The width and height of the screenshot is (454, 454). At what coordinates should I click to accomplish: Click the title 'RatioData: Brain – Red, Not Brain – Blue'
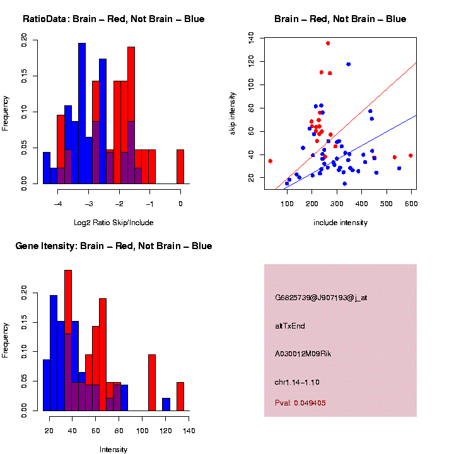click(x=113, y=19)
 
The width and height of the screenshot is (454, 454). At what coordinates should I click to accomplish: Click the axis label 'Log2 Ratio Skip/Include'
click(x=113, y=223)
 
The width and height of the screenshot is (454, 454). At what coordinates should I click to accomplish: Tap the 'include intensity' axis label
click(x=340, y=223)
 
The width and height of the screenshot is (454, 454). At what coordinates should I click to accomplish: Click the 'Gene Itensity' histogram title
click(x=113, y=245)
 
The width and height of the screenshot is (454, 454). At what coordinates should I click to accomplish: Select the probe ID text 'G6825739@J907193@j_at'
click(x=321, y=298)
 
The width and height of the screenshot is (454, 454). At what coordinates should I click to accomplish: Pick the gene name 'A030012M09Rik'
click(x=303, y=354)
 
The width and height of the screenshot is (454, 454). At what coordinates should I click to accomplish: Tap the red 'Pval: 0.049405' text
click(x=300, y=402)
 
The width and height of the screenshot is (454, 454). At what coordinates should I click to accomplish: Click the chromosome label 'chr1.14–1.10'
click(x=297, y=382)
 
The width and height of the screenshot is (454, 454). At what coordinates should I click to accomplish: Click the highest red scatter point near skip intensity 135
click(x=328, y=43)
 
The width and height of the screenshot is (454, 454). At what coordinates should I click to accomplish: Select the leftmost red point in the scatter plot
click(x=270, y=161)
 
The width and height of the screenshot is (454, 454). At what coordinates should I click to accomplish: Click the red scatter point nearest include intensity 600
click(x=410, y=155)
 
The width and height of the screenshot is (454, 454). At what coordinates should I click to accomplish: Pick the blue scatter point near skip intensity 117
click(x=348, y=64)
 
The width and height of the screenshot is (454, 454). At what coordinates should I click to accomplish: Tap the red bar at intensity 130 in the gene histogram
click(x=180, y=396)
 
